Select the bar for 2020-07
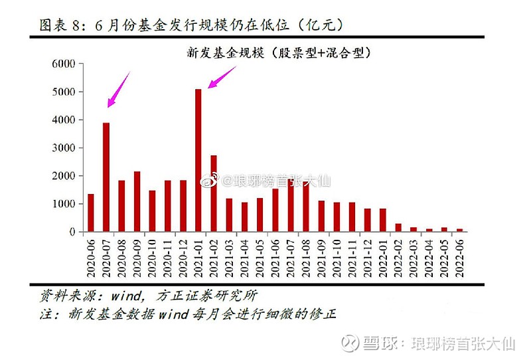pyautogui.click(x=106, y=177)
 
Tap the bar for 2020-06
pyautogui.click(x=91, y=213)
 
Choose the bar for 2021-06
pyautogui.click(x=275, y=211)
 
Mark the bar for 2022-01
pyautogui.click(x=382, y=221)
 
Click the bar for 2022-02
pyautogui.click(x=398, y=228)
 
